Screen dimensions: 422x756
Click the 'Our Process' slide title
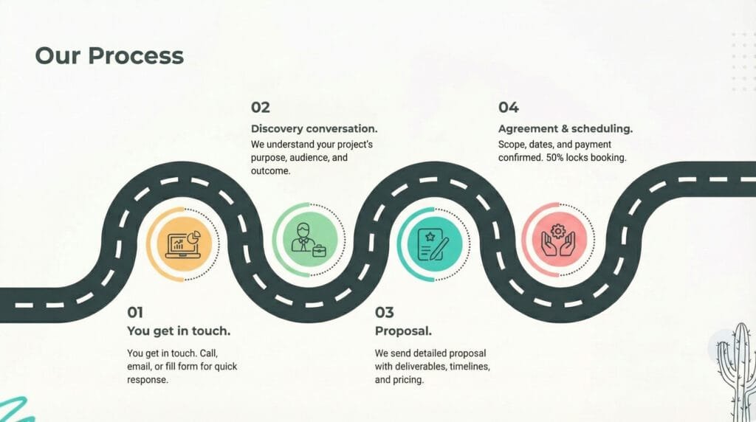(x=109, y=55)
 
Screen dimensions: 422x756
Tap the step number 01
(x=135, y=312)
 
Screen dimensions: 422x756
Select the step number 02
(x=261, y=108)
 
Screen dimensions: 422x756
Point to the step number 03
(x=384, y=312)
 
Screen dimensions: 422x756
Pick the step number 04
(x=508, y=108)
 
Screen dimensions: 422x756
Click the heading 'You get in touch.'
(x=179, y=331)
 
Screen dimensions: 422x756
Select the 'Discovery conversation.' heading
(x=314, y=128)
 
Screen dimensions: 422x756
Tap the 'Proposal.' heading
(x=403, y=331)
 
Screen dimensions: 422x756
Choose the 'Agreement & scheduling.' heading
(x=565, y=128)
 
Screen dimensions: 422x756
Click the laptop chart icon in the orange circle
(x=180, y=243)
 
